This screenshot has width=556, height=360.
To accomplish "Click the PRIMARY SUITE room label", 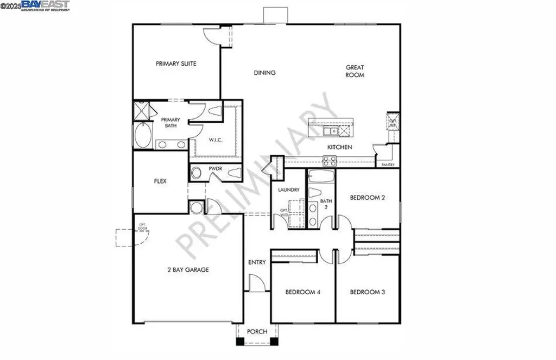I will [176, 64].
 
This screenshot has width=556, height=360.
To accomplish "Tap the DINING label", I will [264, 73].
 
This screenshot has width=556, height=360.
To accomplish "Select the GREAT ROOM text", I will [355, 71].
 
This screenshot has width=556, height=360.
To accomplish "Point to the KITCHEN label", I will [339, 147].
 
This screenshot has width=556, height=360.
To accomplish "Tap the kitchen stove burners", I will [330, 160].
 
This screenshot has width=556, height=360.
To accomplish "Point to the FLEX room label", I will [160, 181].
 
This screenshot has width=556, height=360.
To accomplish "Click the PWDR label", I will [216, 169].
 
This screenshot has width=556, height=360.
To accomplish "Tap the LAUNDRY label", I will [288, 190].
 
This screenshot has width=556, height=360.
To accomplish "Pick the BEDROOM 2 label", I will [368, 198].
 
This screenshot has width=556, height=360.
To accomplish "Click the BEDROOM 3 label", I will [368, 292].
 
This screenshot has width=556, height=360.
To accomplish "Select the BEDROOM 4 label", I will [303, 292].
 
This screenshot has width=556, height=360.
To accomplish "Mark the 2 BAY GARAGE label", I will [187, 269].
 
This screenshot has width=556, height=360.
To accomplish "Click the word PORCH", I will [257, 331].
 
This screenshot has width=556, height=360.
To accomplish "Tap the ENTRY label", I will [257, 262].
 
